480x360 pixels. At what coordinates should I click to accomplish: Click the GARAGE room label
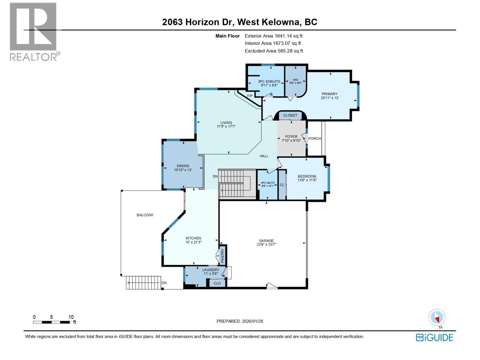pyautogui.click(x=266, y=241)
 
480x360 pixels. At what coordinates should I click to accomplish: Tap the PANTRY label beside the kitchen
pyautogui.click(x=223, y=256)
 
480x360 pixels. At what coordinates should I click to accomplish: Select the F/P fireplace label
pyautogui.click(x=250, y=96)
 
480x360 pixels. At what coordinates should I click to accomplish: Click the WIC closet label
pyautogui.click(x=295, y=80)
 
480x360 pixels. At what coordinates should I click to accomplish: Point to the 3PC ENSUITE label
pyautogui.click(x=269, y=81)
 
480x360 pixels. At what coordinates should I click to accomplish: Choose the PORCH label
pyautogui.click(x=314, y=138)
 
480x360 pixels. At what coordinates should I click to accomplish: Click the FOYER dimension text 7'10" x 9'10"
pyautogui.click(x=291, y=140)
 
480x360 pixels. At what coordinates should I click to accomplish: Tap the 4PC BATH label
pyautogui.click(x=268, y=183)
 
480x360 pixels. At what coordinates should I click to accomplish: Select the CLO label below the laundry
pyautogui.click(x=217, y=283)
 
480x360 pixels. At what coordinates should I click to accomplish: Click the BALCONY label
pyautogui.click(x=145, y=215)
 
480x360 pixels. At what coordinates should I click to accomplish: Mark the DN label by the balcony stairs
pyautogui.click(x=164, y=283)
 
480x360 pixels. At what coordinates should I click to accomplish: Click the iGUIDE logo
pyautogui.click(x=434, y=337)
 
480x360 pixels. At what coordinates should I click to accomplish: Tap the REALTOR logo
pyautogui.click(x=34, y=31)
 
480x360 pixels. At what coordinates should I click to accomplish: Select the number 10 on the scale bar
pyautogui.click(x=71, y=317)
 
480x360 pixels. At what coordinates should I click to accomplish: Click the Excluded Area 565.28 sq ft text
pyautogui.click(x=274, y=51)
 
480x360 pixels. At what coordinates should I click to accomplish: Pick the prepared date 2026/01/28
pyautogui.click(x=252, y=321)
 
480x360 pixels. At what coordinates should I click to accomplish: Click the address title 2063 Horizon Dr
pyautogui.click(x=199, y=22)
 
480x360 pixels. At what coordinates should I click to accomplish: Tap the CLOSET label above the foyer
pyautogui.click(x=290, y=115)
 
